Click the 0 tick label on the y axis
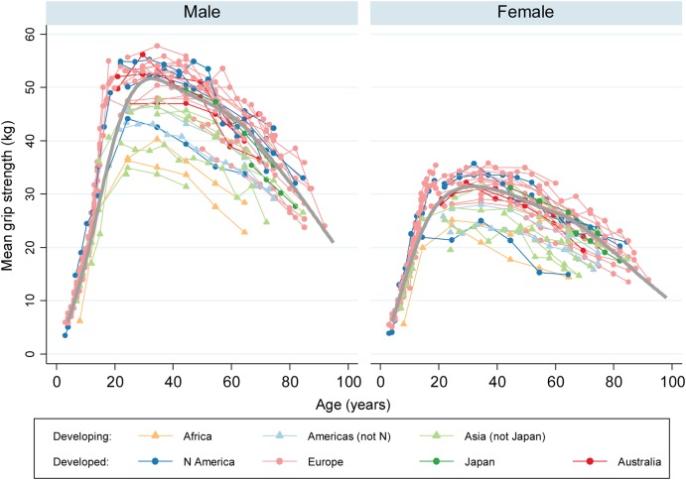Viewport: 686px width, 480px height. click(x=31, y=354)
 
